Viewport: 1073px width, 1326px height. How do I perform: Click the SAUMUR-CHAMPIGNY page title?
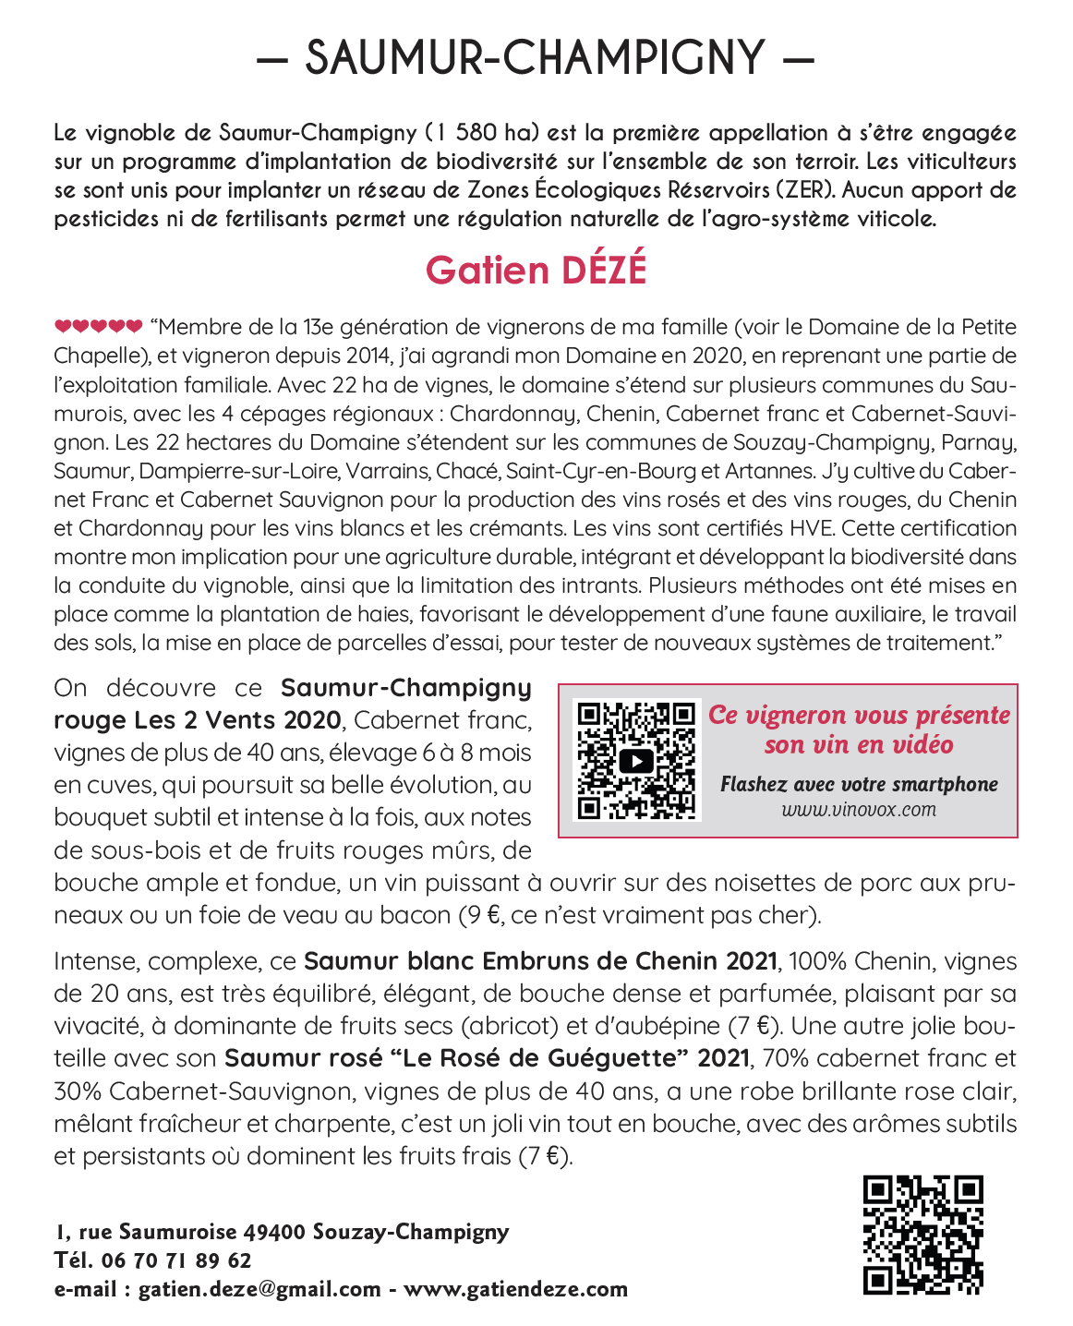tap(536, 57)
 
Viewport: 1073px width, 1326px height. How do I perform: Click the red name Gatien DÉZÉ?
tap(536, 270)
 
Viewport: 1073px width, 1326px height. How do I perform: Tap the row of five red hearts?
tap(98, 326)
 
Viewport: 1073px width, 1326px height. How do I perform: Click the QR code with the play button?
tap(635, 760)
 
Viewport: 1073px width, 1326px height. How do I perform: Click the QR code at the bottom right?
tap(923, 1235)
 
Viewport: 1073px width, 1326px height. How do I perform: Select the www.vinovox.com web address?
tap(859, 810)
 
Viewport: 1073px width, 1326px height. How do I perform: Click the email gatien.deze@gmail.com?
tap(259, 1289)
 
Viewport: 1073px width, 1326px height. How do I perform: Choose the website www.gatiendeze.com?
tap(515, 1289)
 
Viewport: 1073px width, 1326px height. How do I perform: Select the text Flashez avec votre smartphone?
tap(859, 784)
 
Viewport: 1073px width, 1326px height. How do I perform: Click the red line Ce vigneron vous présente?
tap(859, 715)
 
